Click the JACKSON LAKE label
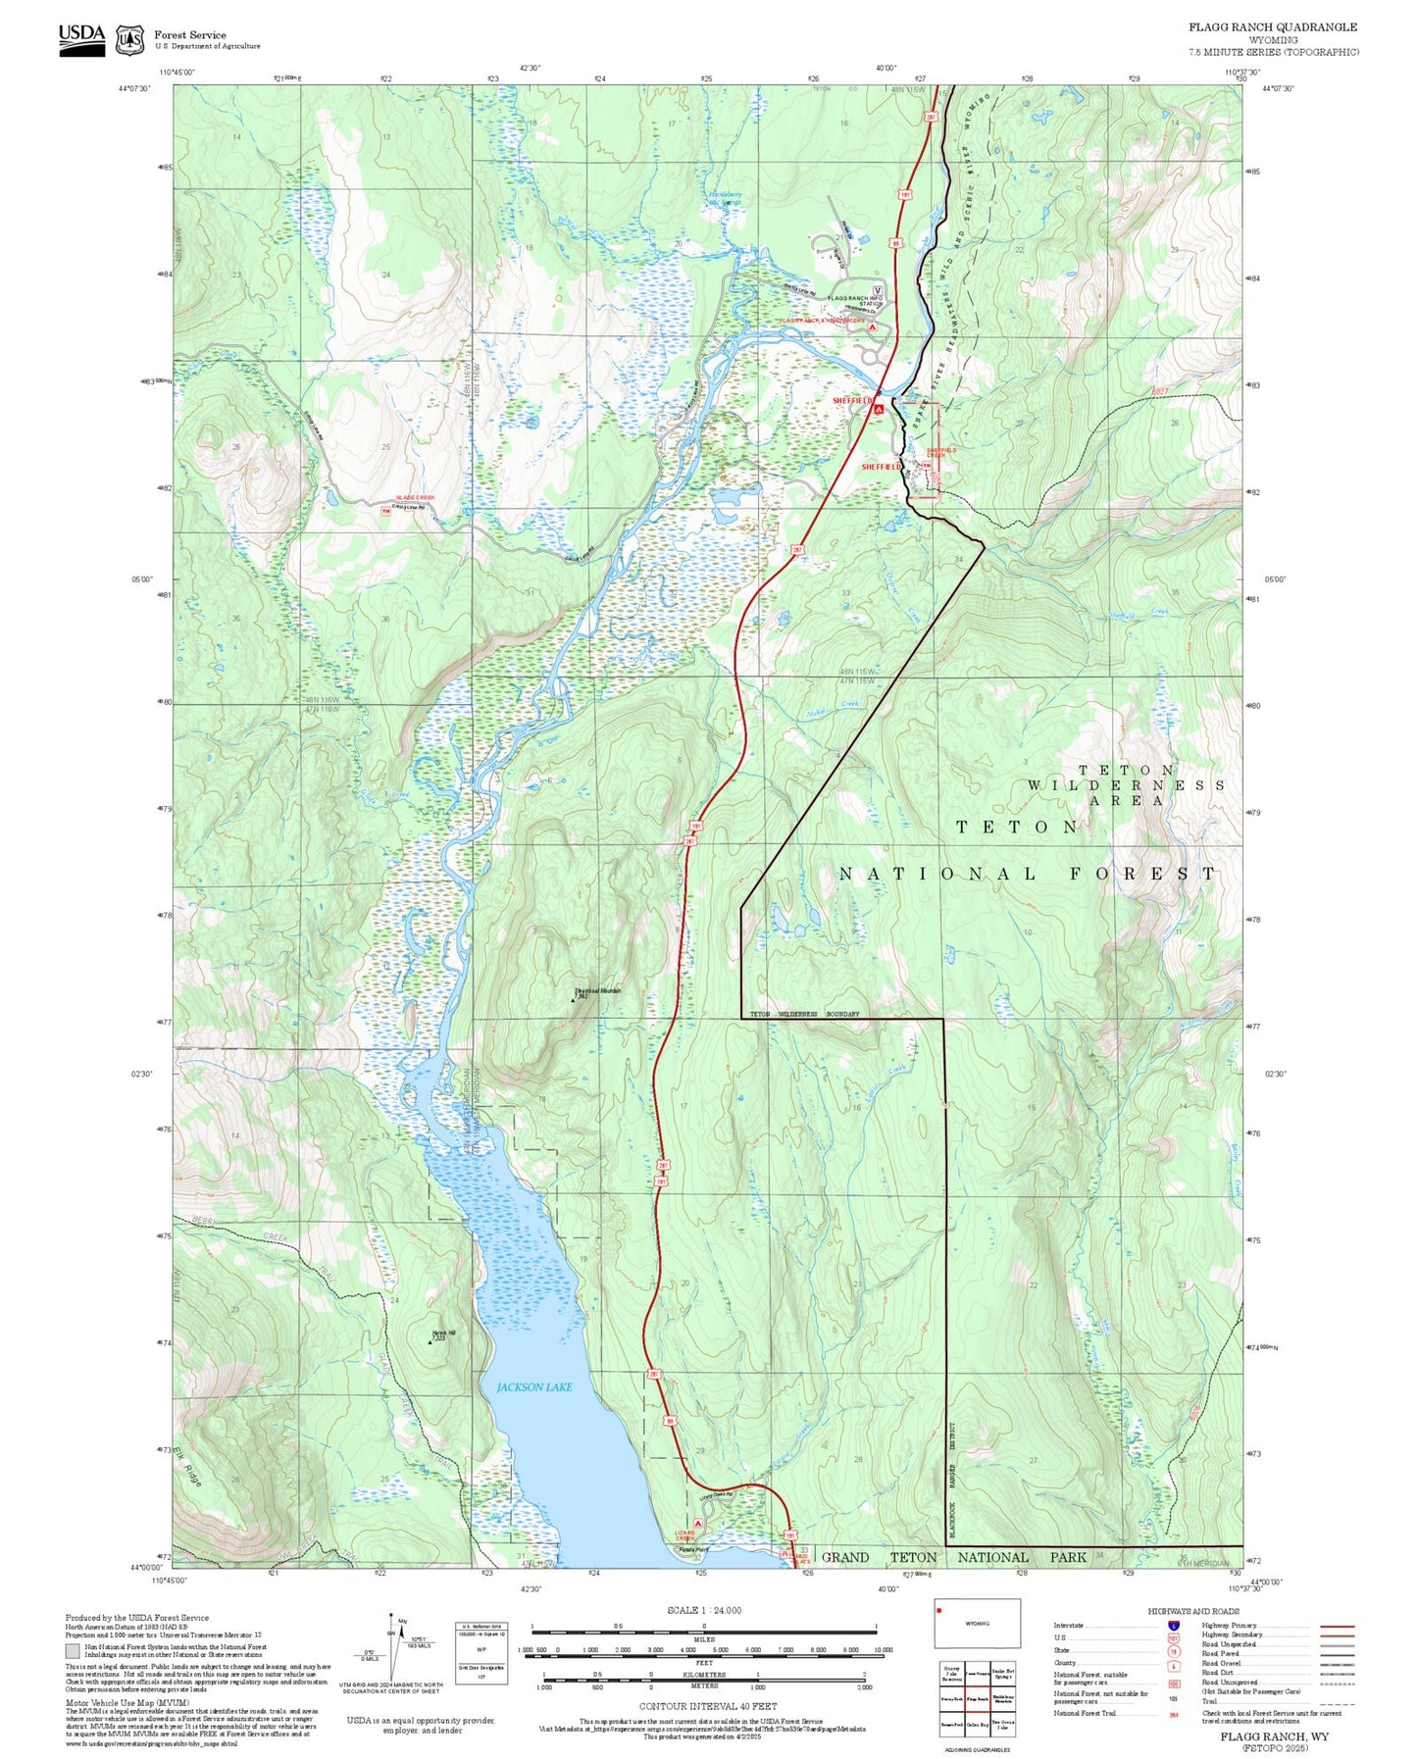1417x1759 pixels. point(533,1387)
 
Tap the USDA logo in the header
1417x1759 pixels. point(81,38)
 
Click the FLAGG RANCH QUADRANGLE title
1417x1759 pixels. point(1273,27)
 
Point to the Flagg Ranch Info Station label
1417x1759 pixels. point(855,301)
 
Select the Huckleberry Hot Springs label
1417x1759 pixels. point(725,198)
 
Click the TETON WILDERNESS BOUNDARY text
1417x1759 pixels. point(804,1014)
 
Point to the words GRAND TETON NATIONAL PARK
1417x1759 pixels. point(953,1557)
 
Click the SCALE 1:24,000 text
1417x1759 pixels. point(703,1610)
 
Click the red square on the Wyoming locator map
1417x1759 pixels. point(939,1608)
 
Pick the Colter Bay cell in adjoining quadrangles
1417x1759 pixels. point(977,1724)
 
